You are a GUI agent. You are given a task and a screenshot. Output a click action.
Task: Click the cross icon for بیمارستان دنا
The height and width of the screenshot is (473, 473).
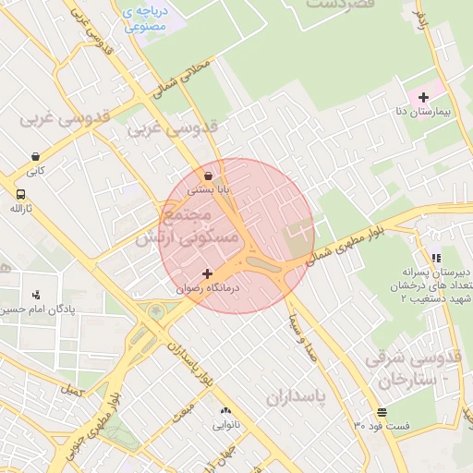coord(424,97)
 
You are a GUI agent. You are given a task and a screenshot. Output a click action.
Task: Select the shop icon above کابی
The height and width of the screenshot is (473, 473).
coord(35,157)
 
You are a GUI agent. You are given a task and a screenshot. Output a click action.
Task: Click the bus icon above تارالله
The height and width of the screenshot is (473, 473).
coord(20,194)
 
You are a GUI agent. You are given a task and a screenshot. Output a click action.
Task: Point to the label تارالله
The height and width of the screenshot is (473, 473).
coord(20,208)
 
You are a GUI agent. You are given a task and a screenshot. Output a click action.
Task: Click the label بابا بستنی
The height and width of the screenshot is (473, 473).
coord(208,188)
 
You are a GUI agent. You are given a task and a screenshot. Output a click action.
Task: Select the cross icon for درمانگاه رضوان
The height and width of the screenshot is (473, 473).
coord(207,274)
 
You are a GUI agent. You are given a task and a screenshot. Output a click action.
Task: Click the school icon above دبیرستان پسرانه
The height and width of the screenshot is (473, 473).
coord(436,258)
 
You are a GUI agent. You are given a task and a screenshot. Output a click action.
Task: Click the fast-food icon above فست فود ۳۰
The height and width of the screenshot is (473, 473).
coord(382,412)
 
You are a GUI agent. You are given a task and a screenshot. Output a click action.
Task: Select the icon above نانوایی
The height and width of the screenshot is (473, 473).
coord(224,411)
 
